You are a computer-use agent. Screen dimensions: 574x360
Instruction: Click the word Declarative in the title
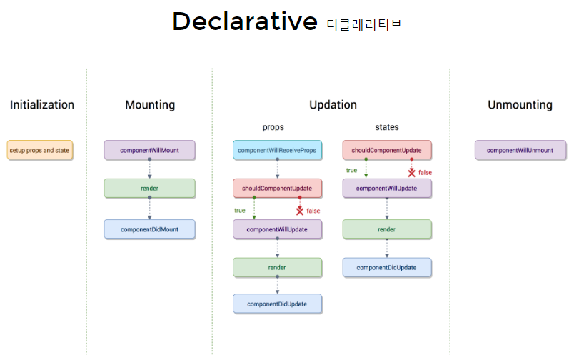tap(245, 21)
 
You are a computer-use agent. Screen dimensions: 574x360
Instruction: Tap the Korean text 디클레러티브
tap(364, 24)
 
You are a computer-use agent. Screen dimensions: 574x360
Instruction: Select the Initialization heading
tap(42, 105)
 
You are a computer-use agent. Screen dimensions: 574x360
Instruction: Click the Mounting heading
tap(150, 105)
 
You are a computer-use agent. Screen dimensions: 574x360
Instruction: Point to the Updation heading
tap(333, 105)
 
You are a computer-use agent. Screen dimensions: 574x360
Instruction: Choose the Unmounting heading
tap(520, 105)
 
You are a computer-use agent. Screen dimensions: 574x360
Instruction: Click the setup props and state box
tap(40, 150)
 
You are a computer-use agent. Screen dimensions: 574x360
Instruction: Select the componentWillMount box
tap(150, 150)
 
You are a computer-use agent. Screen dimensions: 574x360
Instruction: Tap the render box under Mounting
tap(150, 189)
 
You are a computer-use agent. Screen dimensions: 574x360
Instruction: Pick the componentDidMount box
tap(150, 229)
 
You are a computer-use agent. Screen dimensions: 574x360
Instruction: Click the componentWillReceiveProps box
tap(278, 150)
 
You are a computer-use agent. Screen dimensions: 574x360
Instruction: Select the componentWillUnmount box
tap(520, 150)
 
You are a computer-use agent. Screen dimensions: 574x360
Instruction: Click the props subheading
tap(273, 127)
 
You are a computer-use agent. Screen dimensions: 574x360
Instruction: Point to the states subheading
tap(387, 127)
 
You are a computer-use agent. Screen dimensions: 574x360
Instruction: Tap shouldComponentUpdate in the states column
tap(387, 150)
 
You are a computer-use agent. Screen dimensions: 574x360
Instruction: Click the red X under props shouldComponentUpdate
tap(300, 211)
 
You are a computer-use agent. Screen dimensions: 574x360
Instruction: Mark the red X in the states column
tap(412, 173)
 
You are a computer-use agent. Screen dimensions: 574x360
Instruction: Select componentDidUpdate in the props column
tap(278, 304)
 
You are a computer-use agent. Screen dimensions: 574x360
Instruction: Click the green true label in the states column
tap(351, 170)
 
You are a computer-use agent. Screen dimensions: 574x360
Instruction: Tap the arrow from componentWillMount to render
tap(150, 169)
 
